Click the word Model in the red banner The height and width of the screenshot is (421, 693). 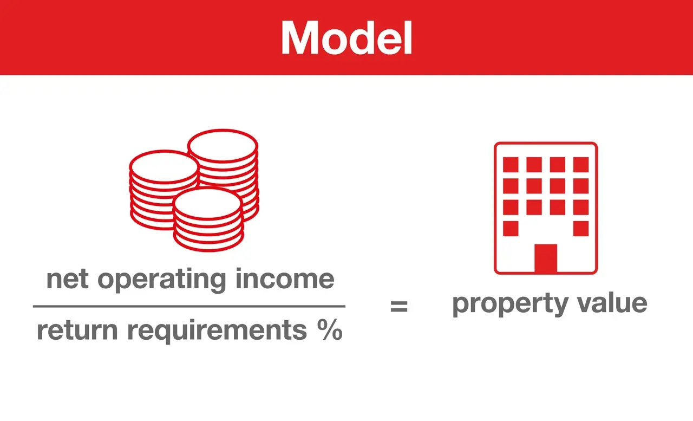click(346, 38)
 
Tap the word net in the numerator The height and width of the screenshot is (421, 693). click(68, 279)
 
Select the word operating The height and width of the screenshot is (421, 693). click(162, 280)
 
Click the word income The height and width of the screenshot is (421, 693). click(285, 278)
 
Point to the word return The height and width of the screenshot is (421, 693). click(77, 331)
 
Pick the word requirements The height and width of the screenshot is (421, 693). click(217, 331)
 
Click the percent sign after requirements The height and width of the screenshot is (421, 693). click(330, 329)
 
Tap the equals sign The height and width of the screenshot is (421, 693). click(399, 306)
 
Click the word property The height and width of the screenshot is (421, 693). click(510, 305)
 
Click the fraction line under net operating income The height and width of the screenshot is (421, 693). click(189, 306)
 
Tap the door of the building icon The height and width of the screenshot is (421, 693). click(546, 258)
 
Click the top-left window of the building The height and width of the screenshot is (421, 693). click(511, 164)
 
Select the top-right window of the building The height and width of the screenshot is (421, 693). click(581, 164)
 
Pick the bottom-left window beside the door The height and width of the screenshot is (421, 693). click(511, 229)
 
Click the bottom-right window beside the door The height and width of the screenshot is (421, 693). click(581, 229)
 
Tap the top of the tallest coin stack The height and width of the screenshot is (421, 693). click(223, 146)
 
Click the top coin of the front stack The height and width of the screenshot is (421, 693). click(207, 203)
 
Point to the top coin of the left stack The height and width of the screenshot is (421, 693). click(164, 166)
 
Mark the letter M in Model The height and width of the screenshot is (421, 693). click(299, 38)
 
